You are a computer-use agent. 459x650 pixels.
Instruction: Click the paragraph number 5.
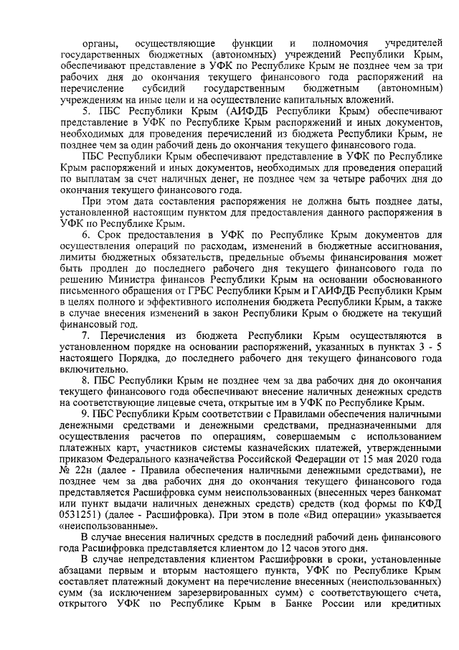tap(84, 113)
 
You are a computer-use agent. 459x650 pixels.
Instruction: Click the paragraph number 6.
tap(84, 234)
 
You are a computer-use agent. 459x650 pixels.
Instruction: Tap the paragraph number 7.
tap(85, 336)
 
